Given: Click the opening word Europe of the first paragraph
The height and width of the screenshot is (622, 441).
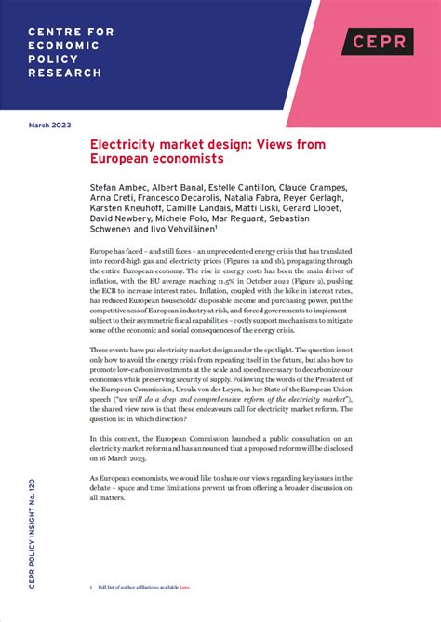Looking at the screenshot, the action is [102, 252].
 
